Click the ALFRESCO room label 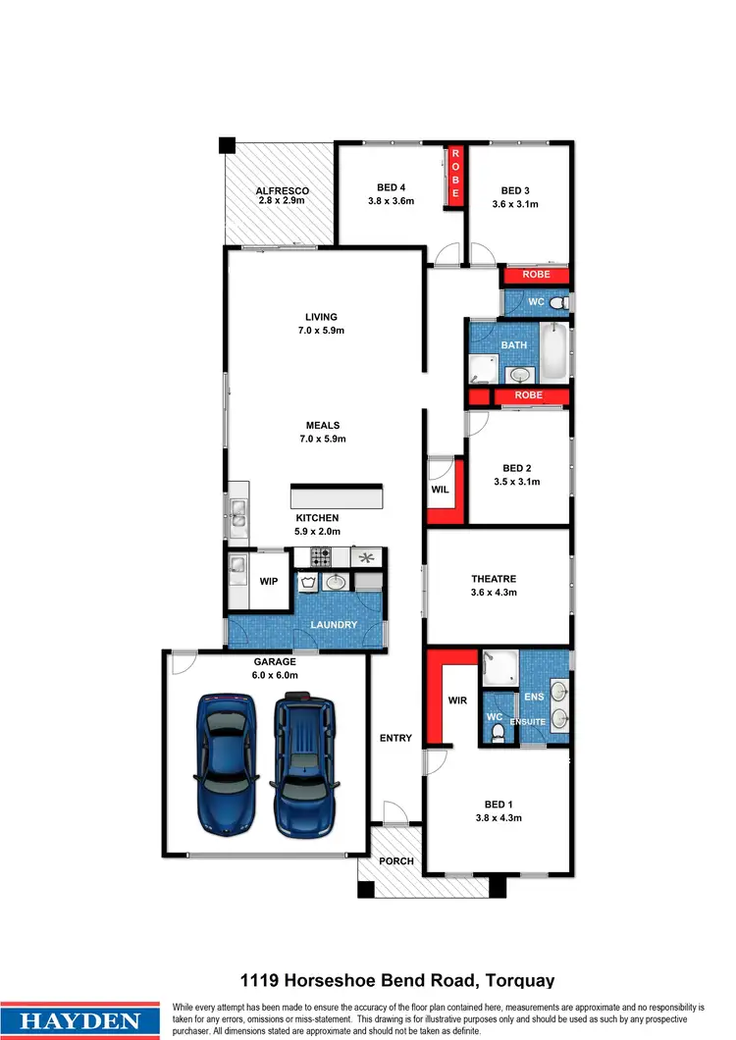tap(283, 190)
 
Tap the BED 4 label tap(391, 187)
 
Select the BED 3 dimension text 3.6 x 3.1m tap(515, 204)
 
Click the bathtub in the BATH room tap(555, 352)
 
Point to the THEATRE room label tap(494, 579)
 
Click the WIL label tap(441, 489)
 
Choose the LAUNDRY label tap(334, 625)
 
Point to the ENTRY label tap(395, 738)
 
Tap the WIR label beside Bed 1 tap(457, 702)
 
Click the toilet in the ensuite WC tap(498, 733)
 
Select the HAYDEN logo tap(81, 1019)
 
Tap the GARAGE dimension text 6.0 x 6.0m tap(276, 675)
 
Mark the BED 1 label tap(498, 804)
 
